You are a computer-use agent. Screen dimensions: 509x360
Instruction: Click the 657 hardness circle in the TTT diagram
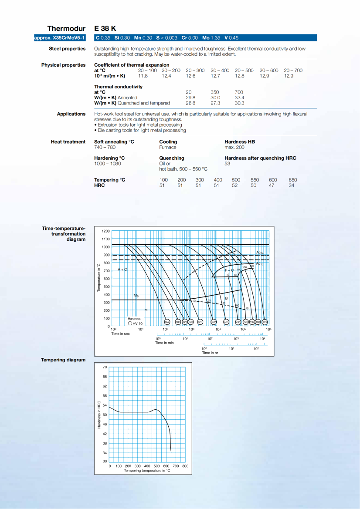(x=166, y=322)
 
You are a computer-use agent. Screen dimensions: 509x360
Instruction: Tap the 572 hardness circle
(x=214, y=322)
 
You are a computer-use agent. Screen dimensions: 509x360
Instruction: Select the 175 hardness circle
(x=264, y=322)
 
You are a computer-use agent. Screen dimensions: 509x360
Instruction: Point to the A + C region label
(x=122, y=270)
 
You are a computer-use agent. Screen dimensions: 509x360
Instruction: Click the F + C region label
(x=229, y=270)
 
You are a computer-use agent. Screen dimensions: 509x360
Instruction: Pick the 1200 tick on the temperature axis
(x=106, y=231)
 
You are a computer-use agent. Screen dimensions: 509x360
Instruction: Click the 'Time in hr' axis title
(x=210, y=353)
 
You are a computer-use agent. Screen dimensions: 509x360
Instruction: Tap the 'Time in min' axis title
(x=165, y=343)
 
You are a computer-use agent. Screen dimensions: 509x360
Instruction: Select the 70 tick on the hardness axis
(x=105, y=367)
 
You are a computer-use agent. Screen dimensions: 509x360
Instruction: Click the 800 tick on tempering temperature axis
(x=185, y=466)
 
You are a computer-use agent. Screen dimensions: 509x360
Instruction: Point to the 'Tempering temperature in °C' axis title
(x=147, y=470)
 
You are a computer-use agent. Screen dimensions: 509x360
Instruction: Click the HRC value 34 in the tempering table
(x=291, y=185)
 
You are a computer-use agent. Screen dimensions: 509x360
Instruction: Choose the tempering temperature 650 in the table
(x=292, y=180)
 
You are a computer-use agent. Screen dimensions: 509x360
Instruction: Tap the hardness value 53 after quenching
(x=227, y=164)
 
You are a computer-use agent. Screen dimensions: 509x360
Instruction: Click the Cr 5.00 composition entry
(x=190, y=38)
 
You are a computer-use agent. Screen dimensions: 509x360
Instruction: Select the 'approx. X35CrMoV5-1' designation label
(x=60, y=38)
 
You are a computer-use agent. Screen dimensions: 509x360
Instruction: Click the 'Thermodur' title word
(x=66, y=29)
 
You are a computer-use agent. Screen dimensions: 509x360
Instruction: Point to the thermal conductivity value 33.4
(x=239, y=98)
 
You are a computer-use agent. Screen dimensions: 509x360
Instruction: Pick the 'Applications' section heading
(x=71, y=114)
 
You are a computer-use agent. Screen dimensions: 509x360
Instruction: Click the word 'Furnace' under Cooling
(x=168, y=148)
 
